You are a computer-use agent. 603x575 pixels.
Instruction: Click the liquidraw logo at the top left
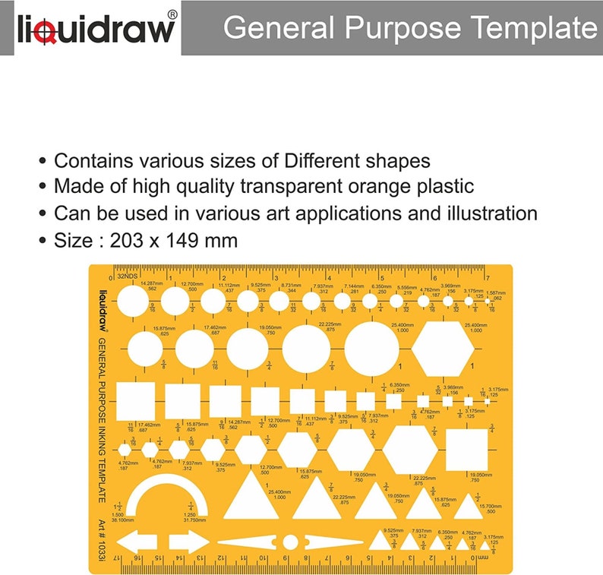coord(96,29)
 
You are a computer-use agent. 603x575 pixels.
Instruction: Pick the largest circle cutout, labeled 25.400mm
coord(372,349)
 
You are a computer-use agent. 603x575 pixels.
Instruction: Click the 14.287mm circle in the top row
coord(134,302)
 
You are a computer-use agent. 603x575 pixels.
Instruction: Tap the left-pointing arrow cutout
coord(137,542)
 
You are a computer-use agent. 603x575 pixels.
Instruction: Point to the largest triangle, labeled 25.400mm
coord(251,495)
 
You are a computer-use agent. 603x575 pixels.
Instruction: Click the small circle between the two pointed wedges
coord(291,542)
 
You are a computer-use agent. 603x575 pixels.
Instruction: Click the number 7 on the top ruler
coord(487,277)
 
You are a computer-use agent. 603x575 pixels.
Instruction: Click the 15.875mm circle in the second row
coord(145,349)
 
